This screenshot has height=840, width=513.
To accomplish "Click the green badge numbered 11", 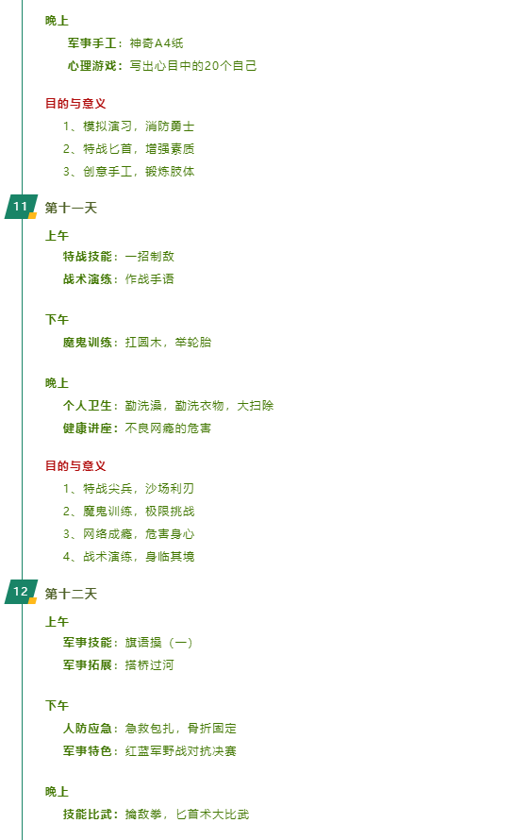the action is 21,207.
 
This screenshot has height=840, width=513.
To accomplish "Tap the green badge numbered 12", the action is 21,592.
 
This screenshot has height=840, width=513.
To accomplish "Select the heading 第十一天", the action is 71,208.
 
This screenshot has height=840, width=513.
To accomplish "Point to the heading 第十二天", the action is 71,594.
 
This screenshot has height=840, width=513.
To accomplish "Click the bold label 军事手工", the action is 92,43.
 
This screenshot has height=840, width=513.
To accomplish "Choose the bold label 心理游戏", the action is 92,66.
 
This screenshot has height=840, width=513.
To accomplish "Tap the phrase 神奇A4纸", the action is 157,43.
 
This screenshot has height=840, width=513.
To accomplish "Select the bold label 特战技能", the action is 88,257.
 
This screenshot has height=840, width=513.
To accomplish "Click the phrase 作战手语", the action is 149,279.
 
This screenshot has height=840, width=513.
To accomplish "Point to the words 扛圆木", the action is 143,343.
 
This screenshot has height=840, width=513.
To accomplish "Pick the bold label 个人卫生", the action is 88,406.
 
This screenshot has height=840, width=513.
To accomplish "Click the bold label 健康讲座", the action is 88,428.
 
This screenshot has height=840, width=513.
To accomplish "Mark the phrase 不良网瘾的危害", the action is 168,428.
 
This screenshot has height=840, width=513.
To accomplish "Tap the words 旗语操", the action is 143,643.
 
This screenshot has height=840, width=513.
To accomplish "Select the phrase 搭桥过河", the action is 149,664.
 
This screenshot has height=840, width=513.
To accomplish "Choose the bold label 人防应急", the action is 88,728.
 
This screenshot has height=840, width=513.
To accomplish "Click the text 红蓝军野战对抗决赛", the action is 181,750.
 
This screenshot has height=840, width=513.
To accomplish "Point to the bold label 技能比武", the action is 88,815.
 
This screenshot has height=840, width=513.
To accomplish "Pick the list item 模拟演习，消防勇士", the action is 128,126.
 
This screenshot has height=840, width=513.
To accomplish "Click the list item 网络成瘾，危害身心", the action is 128,534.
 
